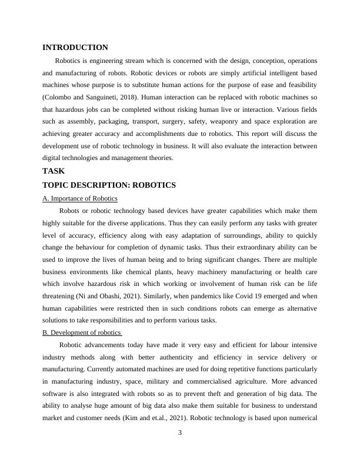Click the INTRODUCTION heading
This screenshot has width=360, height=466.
(x=75, y=48)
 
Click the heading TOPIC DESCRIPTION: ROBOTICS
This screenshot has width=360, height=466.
(x=109, y=185)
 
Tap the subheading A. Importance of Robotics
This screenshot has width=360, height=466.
(x=80, y=198)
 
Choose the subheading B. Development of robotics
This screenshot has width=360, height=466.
(x=82, y=332)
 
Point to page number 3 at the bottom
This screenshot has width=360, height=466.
(x=180, y=434)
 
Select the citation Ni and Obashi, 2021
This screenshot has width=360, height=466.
(x=99, y=283)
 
